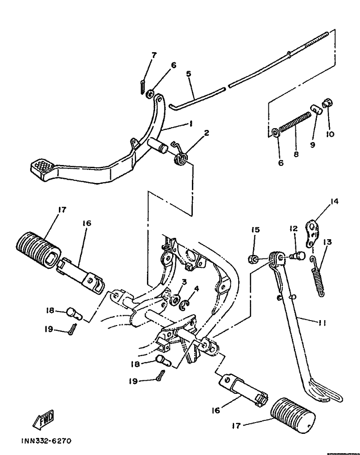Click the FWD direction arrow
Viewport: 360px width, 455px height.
click(x=44, y=419)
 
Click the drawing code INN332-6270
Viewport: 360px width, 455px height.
click(x=46, y=442)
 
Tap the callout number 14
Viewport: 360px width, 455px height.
click(x=334, y=201)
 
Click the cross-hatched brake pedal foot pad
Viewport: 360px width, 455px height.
click(x=42, y=167)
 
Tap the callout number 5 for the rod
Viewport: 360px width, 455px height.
click(x=189, y=74)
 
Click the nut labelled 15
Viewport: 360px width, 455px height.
click(x=253, y=259)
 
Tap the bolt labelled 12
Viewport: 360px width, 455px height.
click(x=298, y=256)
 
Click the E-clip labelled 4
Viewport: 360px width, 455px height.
click(x=185, y=304)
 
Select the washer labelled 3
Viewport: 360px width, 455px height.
click(x=175, y=300)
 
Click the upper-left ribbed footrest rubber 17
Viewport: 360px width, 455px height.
click(x=38, y=250)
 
